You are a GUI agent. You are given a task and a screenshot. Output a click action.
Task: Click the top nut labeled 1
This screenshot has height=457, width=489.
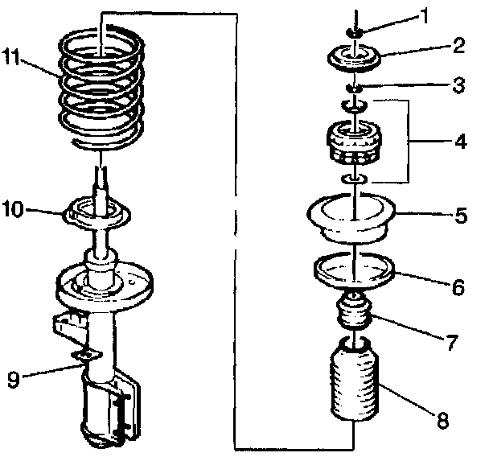354,31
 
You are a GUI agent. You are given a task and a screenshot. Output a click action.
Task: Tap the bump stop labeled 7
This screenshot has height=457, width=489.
352,312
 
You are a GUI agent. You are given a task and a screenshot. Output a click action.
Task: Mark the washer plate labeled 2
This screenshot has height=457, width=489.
355,60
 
